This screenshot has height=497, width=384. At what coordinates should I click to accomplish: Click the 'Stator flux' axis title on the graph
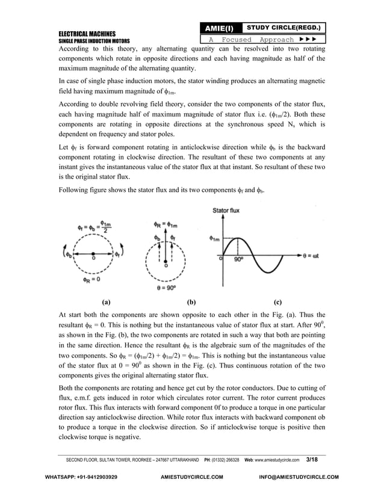pyautogui.click(x=228, y=210)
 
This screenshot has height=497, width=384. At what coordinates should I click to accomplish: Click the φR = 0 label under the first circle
pyautogui.click(x=91, y=280)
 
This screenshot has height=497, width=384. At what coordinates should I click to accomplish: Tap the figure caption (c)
pyautogui.click(x=277, y=303)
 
